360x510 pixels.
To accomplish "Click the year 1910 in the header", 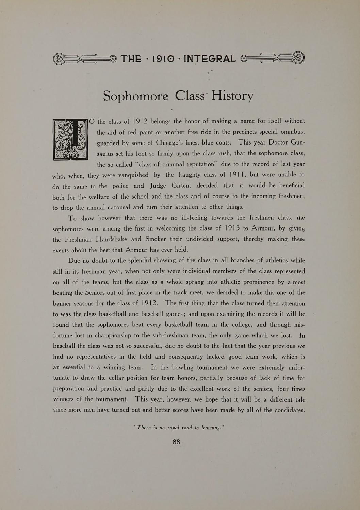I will pos(162,59).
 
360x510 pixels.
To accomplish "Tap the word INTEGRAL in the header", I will pos(209,59).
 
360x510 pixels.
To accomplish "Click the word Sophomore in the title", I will pos(135,96).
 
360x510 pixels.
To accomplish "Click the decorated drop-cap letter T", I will pos(71,139).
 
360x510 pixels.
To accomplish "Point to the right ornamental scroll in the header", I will pos(273,58).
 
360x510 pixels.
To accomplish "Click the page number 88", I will pos(176,442).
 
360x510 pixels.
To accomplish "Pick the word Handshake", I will pos(113,239).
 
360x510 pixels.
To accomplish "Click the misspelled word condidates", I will pos(289,410).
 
